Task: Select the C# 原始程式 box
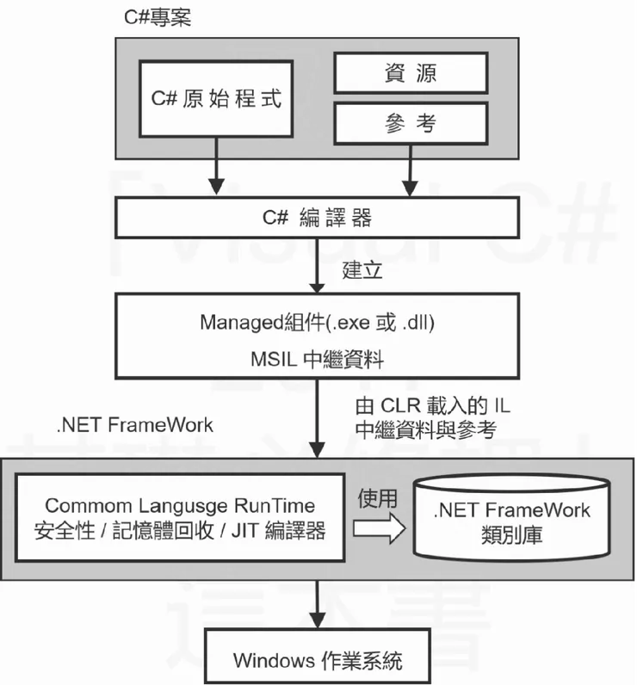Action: (x=216, y=98)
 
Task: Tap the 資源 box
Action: (x=411, y=73)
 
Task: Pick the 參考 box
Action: (x=411, y=124)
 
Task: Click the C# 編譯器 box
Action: (x=317, y=218)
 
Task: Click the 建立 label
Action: (x=362, y=268)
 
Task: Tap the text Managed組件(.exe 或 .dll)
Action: (x=317, y=324)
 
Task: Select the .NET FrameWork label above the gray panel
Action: (x=134, y=424)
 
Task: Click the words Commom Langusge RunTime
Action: (x=180, y=506)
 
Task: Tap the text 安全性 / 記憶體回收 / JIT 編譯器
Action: (x=180, y=530)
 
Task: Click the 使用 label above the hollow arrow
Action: (x=379, y=497)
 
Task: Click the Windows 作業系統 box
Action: (x=317, y=660)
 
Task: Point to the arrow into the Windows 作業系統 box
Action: (x=318, y=607)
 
